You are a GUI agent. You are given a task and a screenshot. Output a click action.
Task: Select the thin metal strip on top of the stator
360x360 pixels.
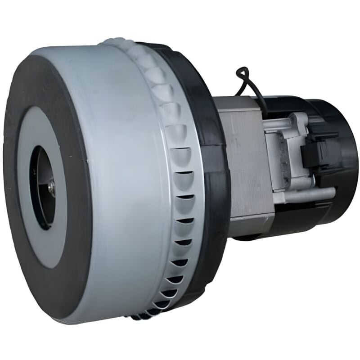click(x=238, y=105)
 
